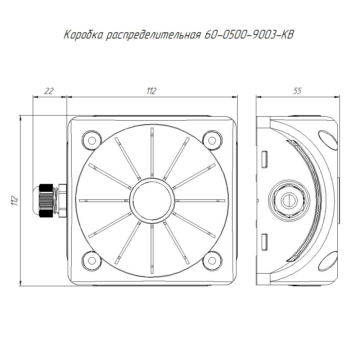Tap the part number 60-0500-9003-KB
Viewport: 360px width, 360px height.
(249, 35)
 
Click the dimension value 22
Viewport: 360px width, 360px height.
(49, 91)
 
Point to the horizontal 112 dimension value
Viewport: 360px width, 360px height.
(151, 91)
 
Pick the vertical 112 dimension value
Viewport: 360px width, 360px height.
(15, 201)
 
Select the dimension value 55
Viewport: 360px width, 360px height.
(297, 91)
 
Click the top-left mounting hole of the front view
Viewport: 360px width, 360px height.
(91, 140)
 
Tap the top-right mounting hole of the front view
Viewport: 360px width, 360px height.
(212, 140)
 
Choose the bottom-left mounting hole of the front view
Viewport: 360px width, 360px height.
(91, 260)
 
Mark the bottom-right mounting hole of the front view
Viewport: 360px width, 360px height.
(212, 260)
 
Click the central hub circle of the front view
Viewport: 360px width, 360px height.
(152, 201)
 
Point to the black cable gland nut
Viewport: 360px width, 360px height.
(46, 201)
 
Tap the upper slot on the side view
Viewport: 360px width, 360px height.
(265, 159)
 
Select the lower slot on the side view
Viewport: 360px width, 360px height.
(265, 242)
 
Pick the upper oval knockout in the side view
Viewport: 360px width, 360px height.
(328, 140)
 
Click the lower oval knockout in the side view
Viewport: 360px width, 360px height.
(328, 261)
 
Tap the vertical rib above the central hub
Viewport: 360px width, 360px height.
(152, 153)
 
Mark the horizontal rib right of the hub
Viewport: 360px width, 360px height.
(200, 201)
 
